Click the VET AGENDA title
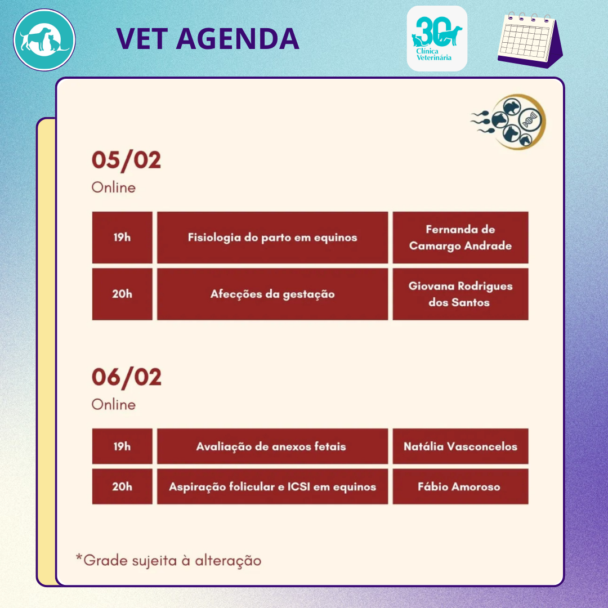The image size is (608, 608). pos(207,39)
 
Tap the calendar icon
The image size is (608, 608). pos(530,40)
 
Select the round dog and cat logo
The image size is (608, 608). pos(44,40)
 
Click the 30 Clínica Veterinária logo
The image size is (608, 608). pos(437,38)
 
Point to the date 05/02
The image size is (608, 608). pos(127,160)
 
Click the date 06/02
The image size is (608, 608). pos(127,377)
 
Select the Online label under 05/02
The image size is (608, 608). pos(114,187)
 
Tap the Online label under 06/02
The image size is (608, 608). pos(114,404)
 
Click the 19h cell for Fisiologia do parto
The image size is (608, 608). pos(122,238)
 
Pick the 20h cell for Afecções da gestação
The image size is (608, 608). pos(122,294)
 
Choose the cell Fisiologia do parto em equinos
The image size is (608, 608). pos(272,238)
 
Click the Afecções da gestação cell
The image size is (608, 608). pos(272,294)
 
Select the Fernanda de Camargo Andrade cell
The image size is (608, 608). pos(461,238)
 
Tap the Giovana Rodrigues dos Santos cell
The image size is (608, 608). pos(461,294)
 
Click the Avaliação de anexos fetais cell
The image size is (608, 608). pos(272,446)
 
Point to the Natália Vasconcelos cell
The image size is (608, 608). pos(461,446)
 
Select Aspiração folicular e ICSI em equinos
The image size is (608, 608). pos(272,486)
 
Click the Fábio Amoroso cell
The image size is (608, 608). pos(461,486)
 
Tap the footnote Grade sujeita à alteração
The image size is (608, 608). pos(169,561)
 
